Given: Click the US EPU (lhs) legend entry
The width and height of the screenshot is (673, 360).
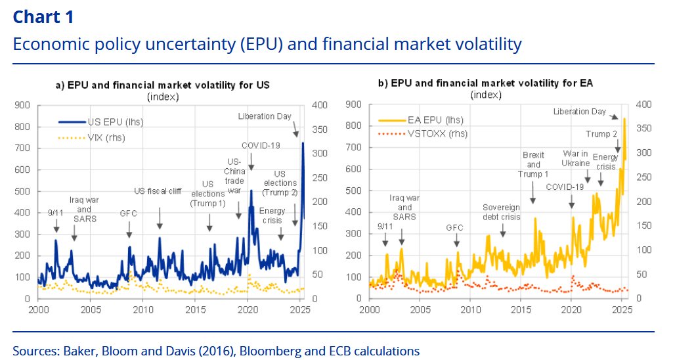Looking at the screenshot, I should pyautogui.click(x=115, y=122).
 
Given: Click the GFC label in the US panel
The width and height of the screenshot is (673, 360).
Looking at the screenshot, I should pyautogui.click(x=129, y=214).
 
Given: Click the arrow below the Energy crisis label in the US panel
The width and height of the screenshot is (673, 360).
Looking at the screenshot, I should pyautogui.click(x=281, y=233).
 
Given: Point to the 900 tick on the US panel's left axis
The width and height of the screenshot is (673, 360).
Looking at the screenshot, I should pyautogui.click(x=24, y=104).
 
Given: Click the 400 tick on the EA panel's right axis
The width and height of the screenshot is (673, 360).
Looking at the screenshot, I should pyautogui.click(x=643, y=104).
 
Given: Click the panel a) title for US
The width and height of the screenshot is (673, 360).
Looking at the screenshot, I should pyautogui.click(x=162, y=85).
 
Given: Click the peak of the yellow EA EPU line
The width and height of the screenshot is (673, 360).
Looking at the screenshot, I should pyautogui.click(x=624, y=119).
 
